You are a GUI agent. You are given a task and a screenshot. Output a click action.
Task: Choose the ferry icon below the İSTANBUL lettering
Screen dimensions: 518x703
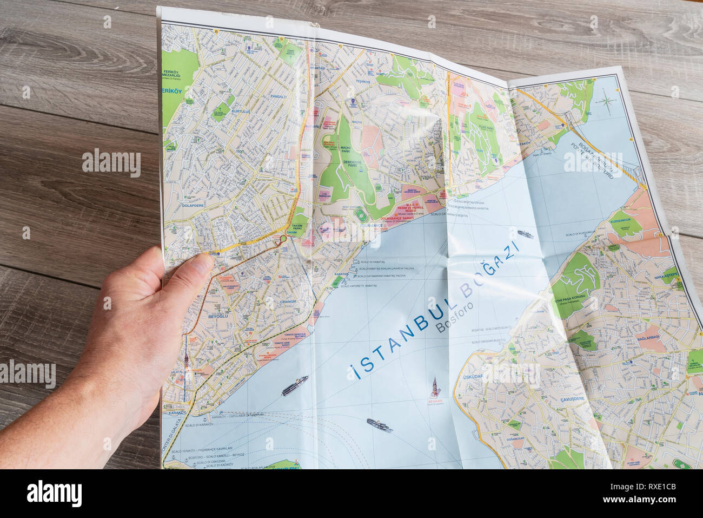(x=379, y=425)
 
